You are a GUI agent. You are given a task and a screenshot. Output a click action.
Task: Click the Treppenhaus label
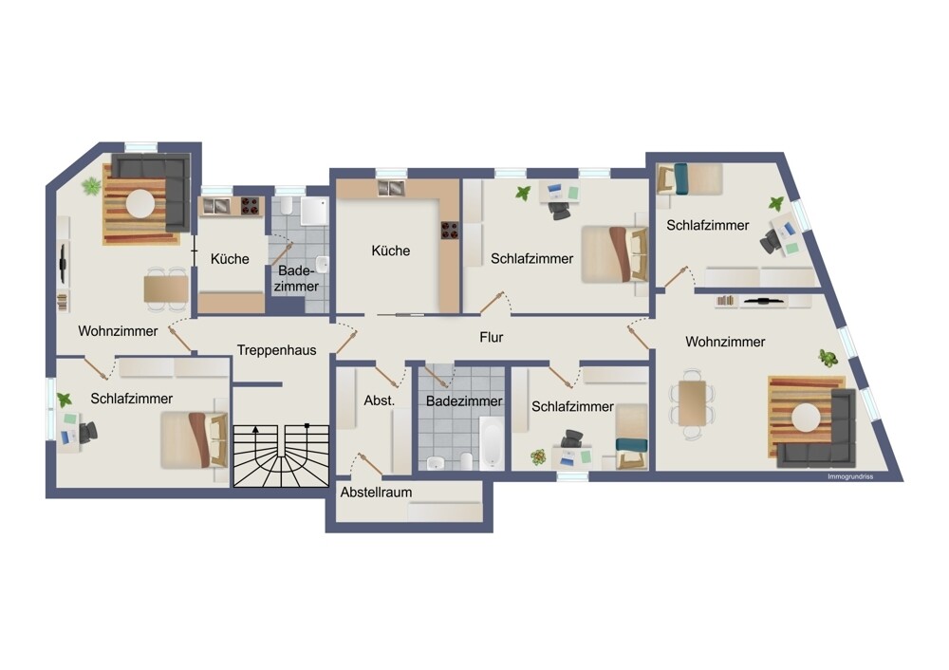(276, 350)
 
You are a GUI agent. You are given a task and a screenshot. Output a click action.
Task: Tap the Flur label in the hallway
(491, 337)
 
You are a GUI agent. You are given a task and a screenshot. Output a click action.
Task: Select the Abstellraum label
(378, 492)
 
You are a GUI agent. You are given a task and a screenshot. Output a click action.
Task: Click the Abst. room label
(379, 401)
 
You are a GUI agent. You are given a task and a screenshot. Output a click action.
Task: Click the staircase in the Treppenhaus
(280, 456)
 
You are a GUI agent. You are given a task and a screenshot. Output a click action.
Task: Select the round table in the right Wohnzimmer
(808, 417)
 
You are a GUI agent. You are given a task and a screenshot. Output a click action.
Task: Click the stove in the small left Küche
(250, 205)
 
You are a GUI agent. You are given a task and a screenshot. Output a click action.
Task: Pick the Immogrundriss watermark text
(849, 475)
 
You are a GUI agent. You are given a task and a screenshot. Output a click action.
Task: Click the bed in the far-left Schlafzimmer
(194, 439)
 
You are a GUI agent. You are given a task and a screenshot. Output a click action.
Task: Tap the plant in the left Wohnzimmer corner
(91, 185)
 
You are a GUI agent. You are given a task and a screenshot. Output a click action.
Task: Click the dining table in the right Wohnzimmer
(693, 404)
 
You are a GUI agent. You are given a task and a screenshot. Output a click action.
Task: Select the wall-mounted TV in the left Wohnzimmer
(63, 265)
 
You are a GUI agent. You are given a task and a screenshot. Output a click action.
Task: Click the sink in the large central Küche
(390, 188)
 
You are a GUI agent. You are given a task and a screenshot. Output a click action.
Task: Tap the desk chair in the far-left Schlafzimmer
(88, 432)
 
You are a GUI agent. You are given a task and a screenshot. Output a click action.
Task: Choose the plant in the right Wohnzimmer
(828, 358)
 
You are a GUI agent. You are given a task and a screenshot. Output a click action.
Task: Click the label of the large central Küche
(391, 251)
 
